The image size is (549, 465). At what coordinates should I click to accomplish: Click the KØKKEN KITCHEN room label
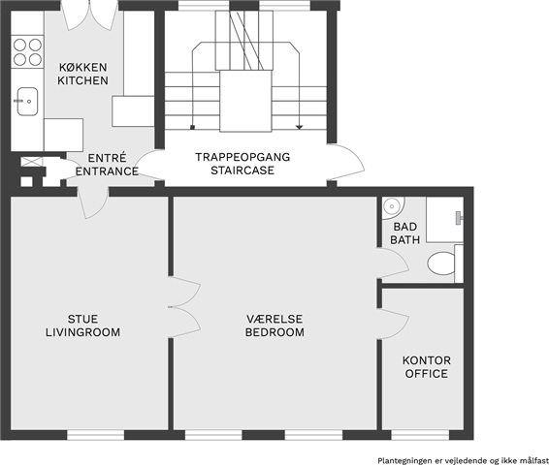[x=83, y=74]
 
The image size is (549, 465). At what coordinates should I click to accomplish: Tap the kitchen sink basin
[x=27, y=102]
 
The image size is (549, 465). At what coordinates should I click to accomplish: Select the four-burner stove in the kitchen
[x=27, y=51]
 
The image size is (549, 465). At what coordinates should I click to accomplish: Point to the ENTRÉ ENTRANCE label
[x=107, y=165]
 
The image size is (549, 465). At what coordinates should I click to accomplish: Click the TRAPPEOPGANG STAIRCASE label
[x=242, y=164]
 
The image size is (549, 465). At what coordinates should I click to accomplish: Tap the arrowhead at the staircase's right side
[x=299, y=127]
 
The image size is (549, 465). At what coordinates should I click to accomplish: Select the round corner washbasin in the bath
[x=392, y=207]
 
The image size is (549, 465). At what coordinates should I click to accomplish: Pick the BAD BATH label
[x=405, y=233]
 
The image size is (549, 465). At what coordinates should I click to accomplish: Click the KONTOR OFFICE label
[x=427, y=367]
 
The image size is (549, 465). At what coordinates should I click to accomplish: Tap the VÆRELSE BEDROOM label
[x=274, y=325]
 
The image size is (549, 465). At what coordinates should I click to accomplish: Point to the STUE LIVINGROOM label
[x=83, y=325]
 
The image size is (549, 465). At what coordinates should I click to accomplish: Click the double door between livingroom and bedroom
[x=184, y=307]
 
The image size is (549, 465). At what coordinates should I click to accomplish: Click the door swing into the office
[x=393, y=325]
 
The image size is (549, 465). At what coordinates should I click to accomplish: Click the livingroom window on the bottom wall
[x=96, y=435]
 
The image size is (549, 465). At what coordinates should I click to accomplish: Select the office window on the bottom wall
[x=420, y=435]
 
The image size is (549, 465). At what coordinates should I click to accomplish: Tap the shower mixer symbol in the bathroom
[x=459, y=218]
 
